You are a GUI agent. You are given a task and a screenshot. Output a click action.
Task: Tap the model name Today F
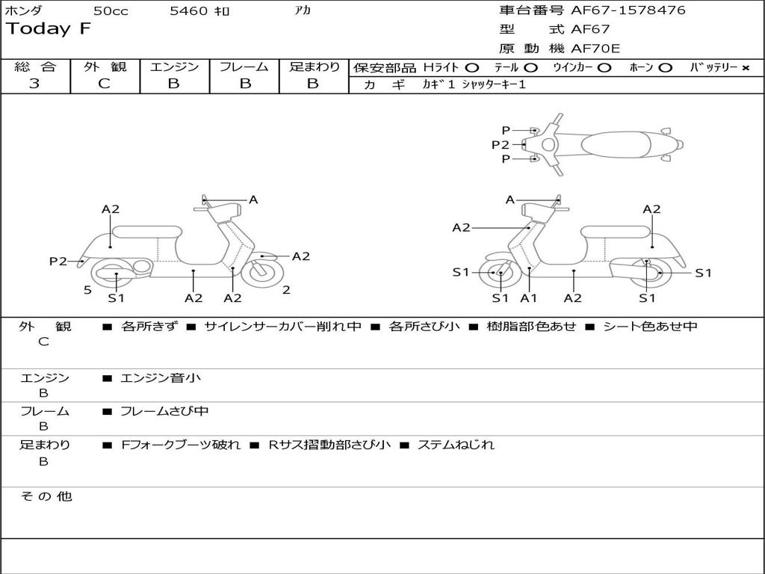(49, 30)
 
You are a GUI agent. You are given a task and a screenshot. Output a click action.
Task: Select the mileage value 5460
(190, 11)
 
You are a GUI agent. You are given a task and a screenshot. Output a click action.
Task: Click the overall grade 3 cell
(34, 84)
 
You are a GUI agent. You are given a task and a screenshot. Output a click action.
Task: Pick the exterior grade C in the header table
(105, 84)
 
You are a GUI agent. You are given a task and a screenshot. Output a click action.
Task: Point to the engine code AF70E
(595, 49)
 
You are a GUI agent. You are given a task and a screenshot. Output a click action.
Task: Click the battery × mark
(745, 67)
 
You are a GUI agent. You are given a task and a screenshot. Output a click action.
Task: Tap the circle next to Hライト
(473, 67)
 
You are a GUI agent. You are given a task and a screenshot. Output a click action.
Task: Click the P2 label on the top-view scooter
(500, 145)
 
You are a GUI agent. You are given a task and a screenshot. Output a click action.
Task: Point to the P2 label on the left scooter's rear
(58, 261)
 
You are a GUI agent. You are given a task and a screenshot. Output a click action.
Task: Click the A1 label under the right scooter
(529, 298)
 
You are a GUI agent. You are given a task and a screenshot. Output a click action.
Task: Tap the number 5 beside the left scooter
(87, 290)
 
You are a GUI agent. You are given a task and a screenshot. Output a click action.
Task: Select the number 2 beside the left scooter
(286, 290)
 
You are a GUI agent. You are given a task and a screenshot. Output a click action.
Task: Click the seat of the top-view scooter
(613, 143)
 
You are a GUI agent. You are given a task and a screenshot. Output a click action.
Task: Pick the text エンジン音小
(161, 378)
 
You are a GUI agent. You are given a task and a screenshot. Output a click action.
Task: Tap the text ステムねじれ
(456, 445)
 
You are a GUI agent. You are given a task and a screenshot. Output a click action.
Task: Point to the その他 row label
(46, 496)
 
